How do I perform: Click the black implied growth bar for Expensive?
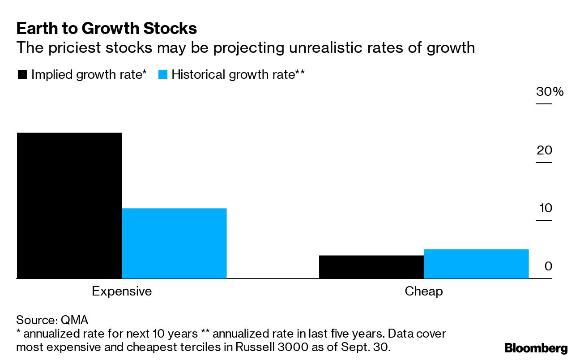69,206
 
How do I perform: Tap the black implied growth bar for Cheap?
371,267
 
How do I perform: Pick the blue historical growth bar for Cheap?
476,264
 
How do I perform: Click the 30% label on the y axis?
550,92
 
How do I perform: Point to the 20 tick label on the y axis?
545,150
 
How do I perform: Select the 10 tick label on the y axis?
546,208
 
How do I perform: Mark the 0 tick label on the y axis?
548,266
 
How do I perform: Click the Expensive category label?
122,291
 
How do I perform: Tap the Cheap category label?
423,291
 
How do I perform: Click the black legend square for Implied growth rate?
22,75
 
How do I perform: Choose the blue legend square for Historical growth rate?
163,75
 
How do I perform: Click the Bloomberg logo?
536,348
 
